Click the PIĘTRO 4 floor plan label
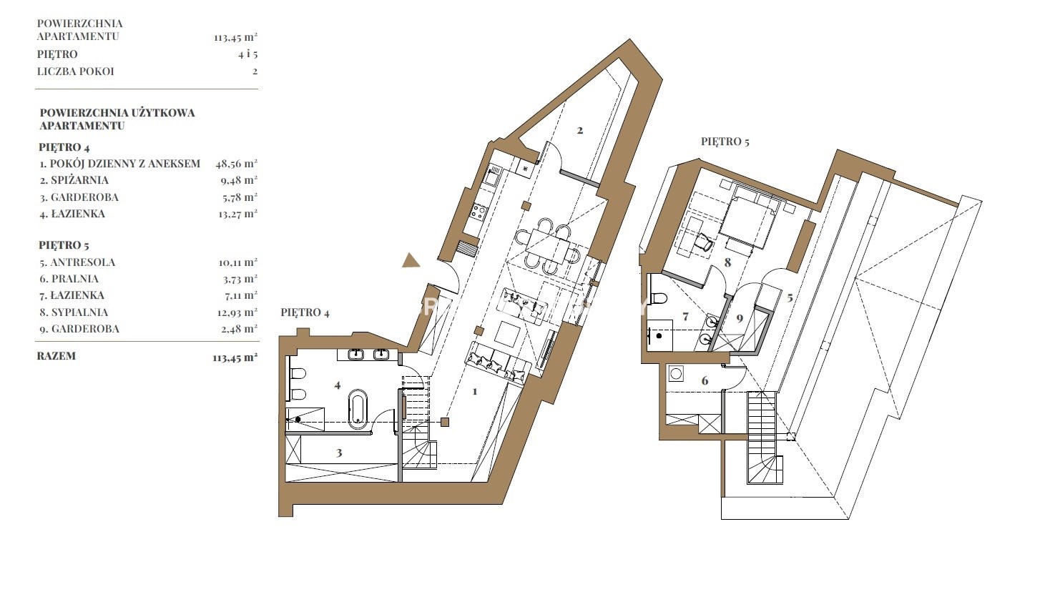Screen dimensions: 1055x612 [x=305, y=312]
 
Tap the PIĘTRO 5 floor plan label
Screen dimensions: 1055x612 [x=725, y=142]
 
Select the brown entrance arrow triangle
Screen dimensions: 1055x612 [x=411, y=260]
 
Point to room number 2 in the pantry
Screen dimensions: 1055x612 [x=580, y=130]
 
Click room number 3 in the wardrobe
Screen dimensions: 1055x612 [x=338, y=453]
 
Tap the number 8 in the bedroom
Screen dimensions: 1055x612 [x=727, y=262]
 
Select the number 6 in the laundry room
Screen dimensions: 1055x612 [x=705, y=380]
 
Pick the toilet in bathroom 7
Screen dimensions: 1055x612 [x=659, y=298]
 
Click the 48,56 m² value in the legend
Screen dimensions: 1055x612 [x=237, y=164]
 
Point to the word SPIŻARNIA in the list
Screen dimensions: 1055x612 [x=79, y=180]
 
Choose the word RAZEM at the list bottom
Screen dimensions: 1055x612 [x=56, y=356]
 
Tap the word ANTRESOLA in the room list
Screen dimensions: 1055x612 [x=82, y=262]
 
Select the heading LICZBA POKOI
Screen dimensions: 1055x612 [x=75, y=71]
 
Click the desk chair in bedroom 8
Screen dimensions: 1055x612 [x=705, y=242]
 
